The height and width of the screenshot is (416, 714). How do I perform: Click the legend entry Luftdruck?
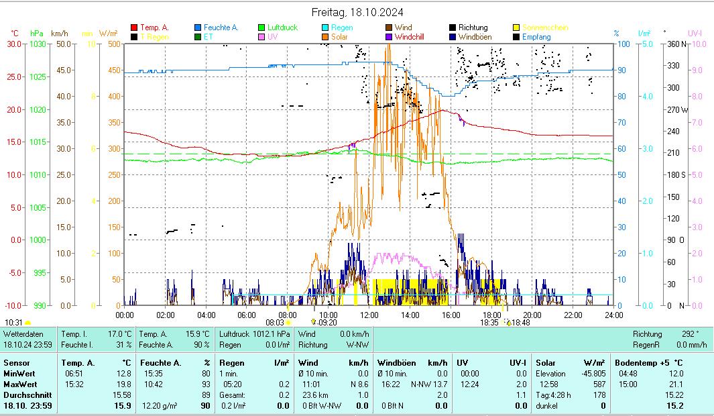(282, 28)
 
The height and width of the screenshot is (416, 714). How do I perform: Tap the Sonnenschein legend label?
(546, 28)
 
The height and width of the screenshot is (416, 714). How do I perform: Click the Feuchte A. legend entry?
(221, 28)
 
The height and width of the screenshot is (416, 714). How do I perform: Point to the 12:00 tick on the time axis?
(369, 314)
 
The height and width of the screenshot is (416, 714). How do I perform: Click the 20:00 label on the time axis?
(532, 314)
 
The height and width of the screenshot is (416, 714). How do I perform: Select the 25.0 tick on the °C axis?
(13, 76)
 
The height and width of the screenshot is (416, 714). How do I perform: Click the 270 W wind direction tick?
(674, 109)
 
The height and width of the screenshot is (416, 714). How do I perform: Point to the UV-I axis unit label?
(695, 33)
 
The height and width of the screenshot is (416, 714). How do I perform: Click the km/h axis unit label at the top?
(60, 33)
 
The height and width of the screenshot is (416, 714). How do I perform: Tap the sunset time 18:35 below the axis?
(489, 323)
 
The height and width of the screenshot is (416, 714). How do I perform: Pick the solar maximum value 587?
(599, 384)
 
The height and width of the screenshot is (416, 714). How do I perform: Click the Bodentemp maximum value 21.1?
(676, 384)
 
